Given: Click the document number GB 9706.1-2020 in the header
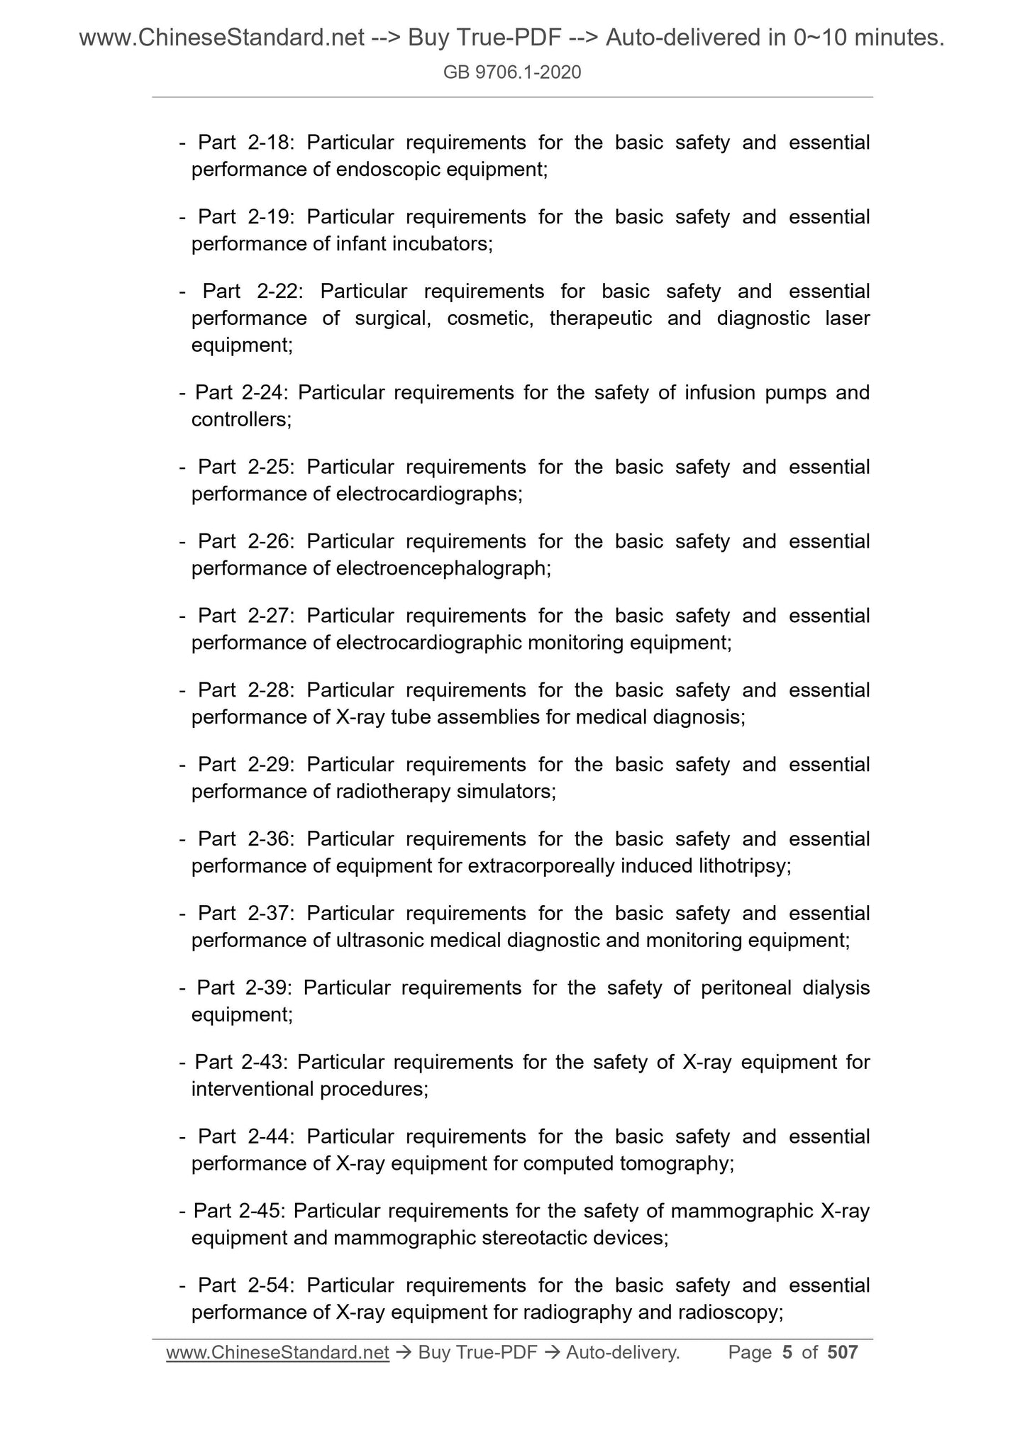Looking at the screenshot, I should click(511, 72).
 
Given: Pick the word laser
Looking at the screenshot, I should click(847, 319).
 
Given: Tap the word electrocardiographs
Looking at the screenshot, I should click(428, 494).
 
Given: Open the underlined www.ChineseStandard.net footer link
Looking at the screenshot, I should click(277, 1352).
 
